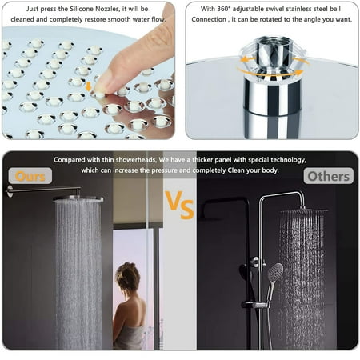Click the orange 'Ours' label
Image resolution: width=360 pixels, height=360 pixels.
click(30, 175)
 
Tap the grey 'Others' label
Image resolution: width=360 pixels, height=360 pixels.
click(328, 175)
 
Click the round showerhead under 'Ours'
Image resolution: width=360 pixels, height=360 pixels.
click(78, 198)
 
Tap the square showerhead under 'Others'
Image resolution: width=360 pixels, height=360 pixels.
click(302, 210)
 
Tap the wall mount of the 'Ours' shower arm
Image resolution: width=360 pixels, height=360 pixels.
click(9, 191)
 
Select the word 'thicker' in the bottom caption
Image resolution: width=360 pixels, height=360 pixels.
click(221, 159)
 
